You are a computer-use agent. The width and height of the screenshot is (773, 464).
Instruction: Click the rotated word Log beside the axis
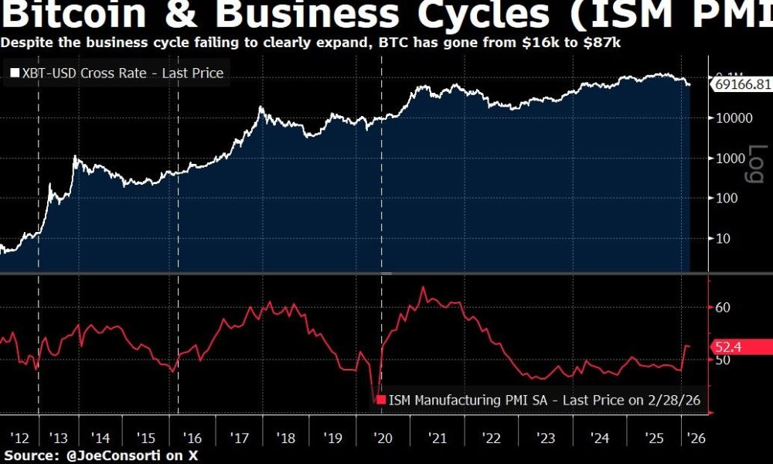(x=755, y=165)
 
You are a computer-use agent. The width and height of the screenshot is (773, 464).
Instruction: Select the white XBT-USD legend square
(x=14, y=73)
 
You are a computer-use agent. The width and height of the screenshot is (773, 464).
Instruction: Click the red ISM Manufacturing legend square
(x=380, y=400)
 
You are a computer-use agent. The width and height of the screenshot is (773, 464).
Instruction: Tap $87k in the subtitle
(x=604, y=42)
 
